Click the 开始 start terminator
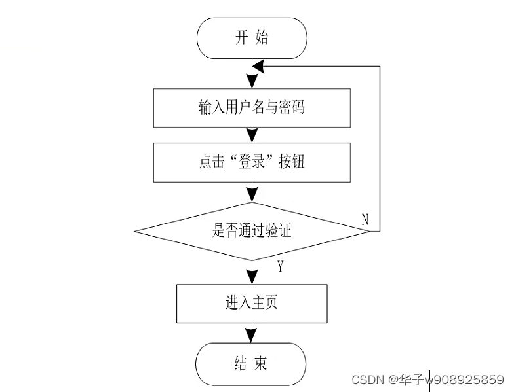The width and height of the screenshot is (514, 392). pyautogui.click(x=252, y=38)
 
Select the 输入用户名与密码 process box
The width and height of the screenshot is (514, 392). pyautogui.click(x=252, y=108)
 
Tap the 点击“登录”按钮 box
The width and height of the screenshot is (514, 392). pyautogui.click(x=252, y=162)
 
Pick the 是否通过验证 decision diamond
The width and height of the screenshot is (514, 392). pyautogui.click(x=252, y=231)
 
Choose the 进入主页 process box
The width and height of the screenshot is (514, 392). pyautogui.click(x=252, y=304)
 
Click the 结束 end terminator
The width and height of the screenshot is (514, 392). pyautogui.click(x=252, y=364)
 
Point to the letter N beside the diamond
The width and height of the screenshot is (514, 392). pyautogui.click(x=365, y=219)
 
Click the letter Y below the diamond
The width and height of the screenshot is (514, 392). pyautogui.click(x=280, y=266)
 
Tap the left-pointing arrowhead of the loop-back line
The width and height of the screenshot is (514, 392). pyautogui.click(x=258, y=67)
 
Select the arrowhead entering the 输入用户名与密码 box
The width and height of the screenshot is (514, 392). pyautogui.click(x=252, y=82)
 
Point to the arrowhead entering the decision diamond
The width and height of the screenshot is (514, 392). pyautogui.click(x=252, y=194)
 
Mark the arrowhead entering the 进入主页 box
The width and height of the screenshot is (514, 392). pyautogui.click(x=252, y=277)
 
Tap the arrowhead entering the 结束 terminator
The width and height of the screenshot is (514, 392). pyautogui.click(x=252, y=336)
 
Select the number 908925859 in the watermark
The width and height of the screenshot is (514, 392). pyautogui.click(x=469, y=380)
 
